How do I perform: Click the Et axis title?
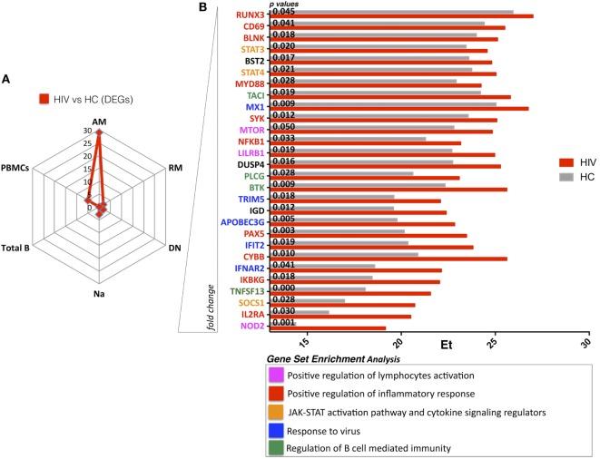(x=447, y=345)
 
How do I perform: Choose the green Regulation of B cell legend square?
(x=273, y=447)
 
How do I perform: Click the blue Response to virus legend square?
(x=273, y=429)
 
